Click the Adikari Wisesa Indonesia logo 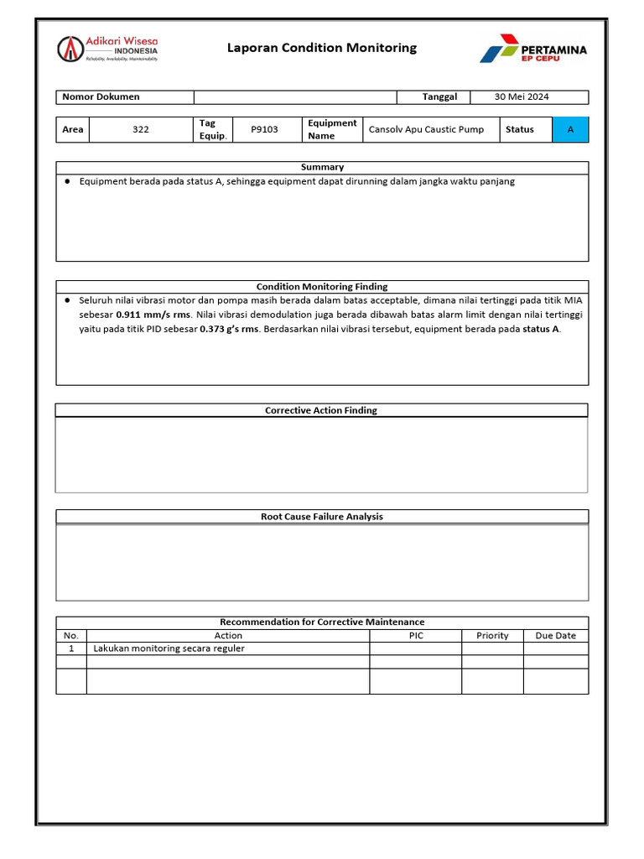107,49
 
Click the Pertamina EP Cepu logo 533,49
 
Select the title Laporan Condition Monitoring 322,48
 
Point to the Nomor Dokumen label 101,96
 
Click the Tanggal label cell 439,96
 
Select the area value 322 141,129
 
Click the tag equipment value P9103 264,129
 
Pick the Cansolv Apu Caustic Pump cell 426,129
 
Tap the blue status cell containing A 570,129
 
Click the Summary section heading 322,167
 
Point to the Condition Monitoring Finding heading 322,286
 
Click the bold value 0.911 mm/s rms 153,315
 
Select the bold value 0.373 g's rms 229,329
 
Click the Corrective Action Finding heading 321,410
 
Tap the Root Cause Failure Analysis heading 322,517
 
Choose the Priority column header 492,635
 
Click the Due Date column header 555,635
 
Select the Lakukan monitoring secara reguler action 169,648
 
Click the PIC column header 416,635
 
